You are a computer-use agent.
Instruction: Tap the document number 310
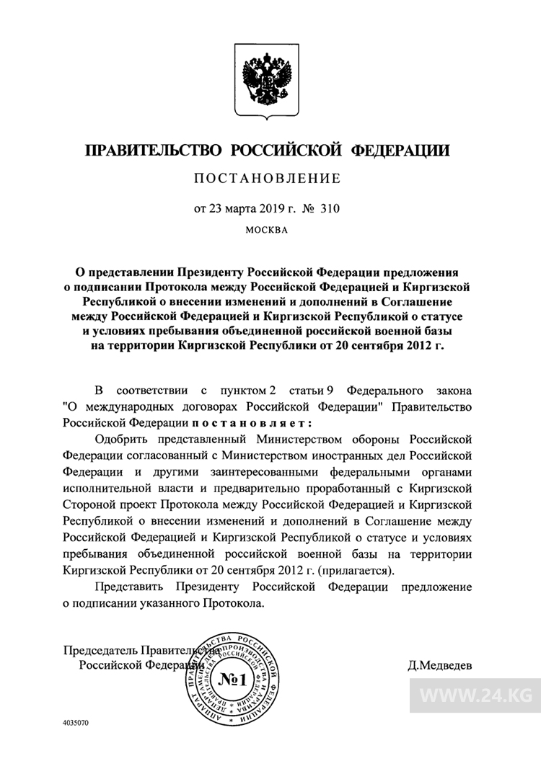click(329, 209)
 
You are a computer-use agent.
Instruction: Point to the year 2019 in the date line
click(265, 209)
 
